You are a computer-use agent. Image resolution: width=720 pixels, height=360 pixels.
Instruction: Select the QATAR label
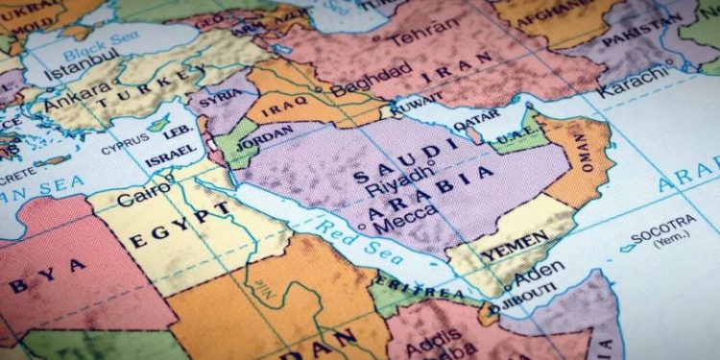(477, 126)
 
